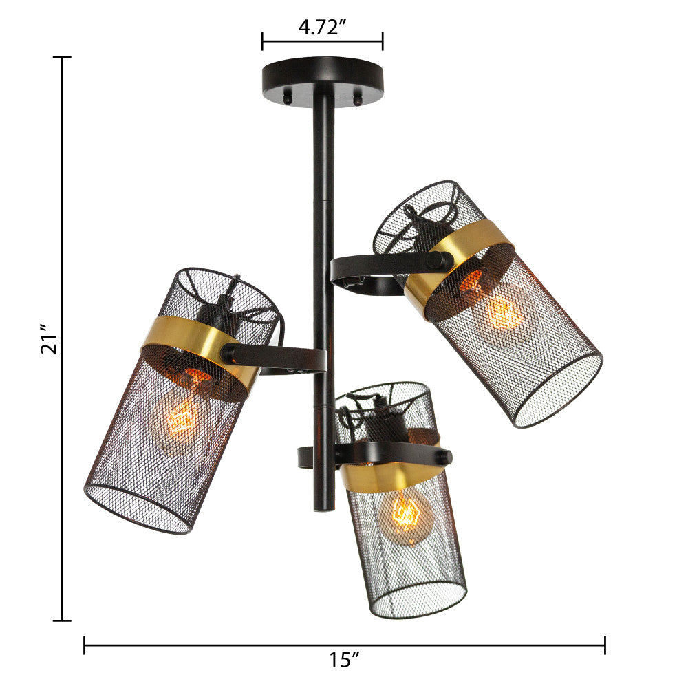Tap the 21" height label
(x=49, y=338)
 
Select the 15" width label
(x=345, y=660)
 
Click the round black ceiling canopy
(x=323, y=79)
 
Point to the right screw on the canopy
(x=358, y=98)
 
